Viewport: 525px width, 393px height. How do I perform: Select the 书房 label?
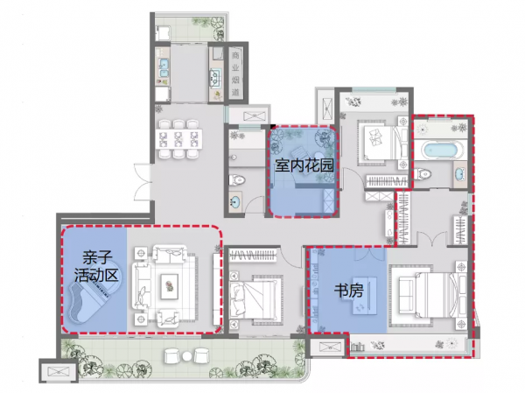pos(349,291)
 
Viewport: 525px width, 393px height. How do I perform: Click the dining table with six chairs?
pos(178,138)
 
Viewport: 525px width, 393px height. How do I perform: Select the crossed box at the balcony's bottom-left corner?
pos(53,371)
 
